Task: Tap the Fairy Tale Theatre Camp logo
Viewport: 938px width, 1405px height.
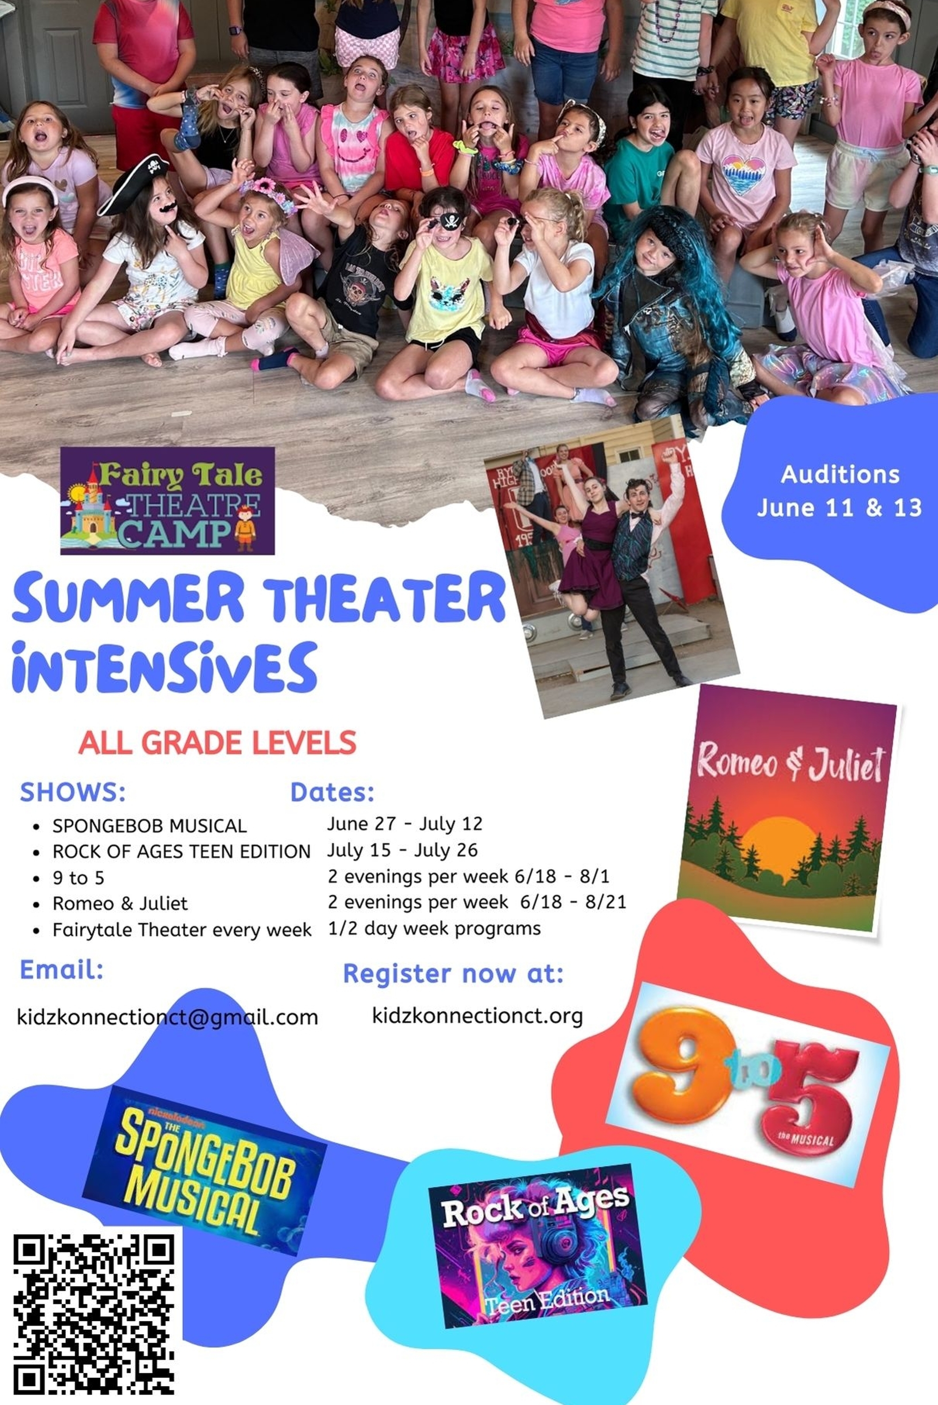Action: [168, 501]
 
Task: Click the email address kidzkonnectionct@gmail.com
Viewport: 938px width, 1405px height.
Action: [168, 1017]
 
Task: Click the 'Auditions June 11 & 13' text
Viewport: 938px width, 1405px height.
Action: [839, 491]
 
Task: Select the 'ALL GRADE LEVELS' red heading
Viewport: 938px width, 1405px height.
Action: [217, 743]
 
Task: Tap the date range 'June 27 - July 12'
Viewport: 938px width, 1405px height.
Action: [404, 824]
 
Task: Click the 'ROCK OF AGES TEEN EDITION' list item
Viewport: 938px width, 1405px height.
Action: [182, 851]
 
